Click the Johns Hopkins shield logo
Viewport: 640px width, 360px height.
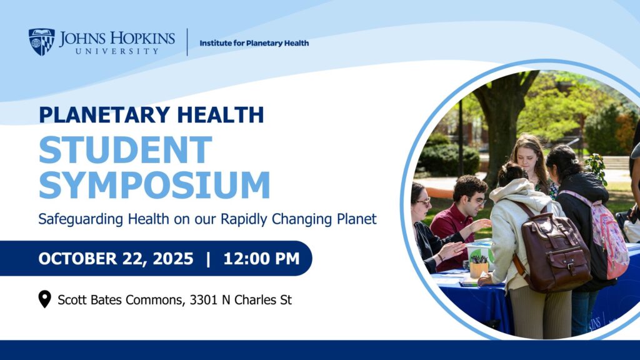coord(42,42)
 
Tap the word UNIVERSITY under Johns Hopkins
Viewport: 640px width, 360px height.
coord(117,51)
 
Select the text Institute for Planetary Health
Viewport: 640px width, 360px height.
coord(254,43)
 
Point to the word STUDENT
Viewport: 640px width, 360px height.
coord(126,150)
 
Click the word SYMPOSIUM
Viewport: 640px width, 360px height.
coord(154,185)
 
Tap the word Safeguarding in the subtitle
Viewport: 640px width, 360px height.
coord(81,219)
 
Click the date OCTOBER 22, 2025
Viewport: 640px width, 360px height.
coord(116,259)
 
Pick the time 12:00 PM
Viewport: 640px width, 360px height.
coord(262,259)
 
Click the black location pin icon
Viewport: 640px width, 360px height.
coord(44,299)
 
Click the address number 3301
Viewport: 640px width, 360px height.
coord(203,300)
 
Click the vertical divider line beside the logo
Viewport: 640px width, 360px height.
coord(187,42)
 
